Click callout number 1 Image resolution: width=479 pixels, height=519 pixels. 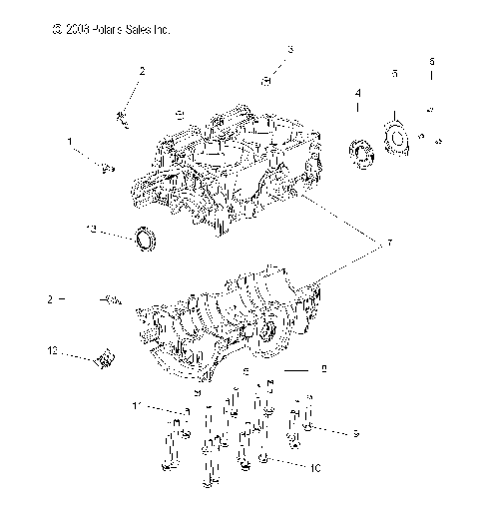[x=70, y=143]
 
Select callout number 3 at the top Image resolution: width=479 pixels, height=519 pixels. [x=290, y=49]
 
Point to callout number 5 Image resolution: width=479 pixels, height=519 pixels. [x=394, y=74]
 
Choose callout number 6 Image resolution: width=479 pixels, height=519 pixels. [x=431, y=62]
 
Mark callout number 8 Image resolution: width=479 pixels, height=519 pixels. [x=323, y=369]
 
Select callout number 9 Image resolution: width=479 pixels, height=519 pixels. [x=354, y=433]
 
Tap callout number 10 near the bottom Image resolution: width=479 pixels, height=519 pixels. [x=314, y=467]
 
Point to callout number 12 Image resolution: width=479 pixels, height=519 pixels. [x=52, y=350]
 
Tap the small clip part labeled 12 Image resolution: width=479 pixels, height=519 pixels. [x=105, y=355]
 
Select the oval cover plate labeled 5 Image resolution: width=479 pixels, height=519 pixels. [x=397, y=138]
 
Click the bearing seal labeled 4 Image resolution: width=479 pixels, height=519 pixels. [x=360, y=152]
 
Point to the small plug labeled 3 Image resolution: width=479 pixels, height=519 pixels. [x=267, y=79]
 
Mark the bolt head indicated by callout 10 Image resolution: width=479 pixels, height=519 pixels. [x=261, y=460]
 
